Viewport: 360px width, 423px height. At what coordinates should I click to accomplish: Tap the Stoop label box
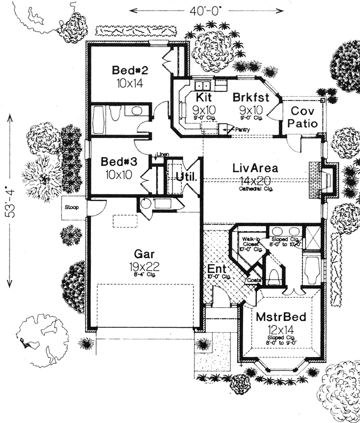click(x=72, y=207)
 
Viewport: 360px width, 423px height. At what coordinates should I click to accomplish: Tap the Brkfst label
click(x=252, y=97)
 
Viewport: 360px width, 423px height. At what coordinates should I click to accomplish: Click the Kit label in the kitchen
click(x=204, y=97)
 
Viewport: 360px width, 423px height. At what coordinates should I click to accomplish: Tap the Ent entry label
click(x=215, y=269)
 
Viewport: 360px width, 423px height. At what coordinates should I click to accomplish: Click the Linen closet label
click(x=161, y=154)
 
